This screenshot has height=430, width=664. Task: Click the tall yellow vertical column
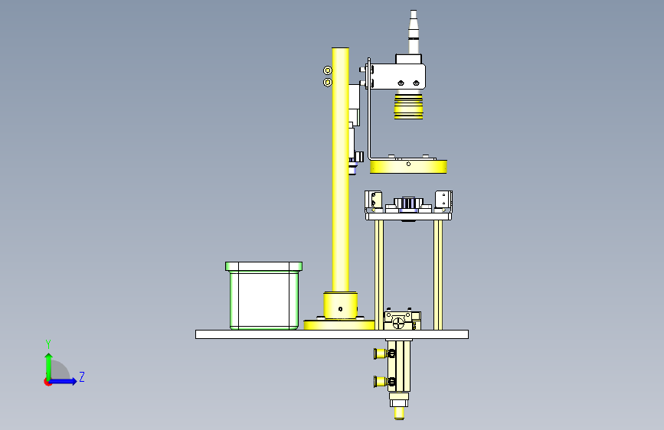coord(340,169)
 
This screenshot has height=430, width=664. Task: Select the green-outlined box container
coord(263,295)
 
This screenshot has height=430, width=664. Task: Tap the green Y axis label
coord(48,344)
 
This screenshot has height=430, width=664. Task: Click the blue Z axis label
coord(82,376)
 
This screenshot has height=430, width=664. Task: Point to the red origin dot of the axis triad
coord(47,382)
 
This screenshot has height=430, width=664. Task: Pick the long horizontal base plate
coord(332,334)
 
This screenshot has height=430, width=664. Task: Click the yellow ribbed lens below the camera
coord(409,106)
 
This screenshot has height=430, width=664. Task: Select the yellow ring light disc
coord(408,167)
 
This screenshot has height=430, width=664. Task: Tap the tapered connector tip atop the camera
coord(414,25)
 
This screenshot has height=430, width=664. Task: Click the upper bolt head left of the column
coord(327,70)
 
